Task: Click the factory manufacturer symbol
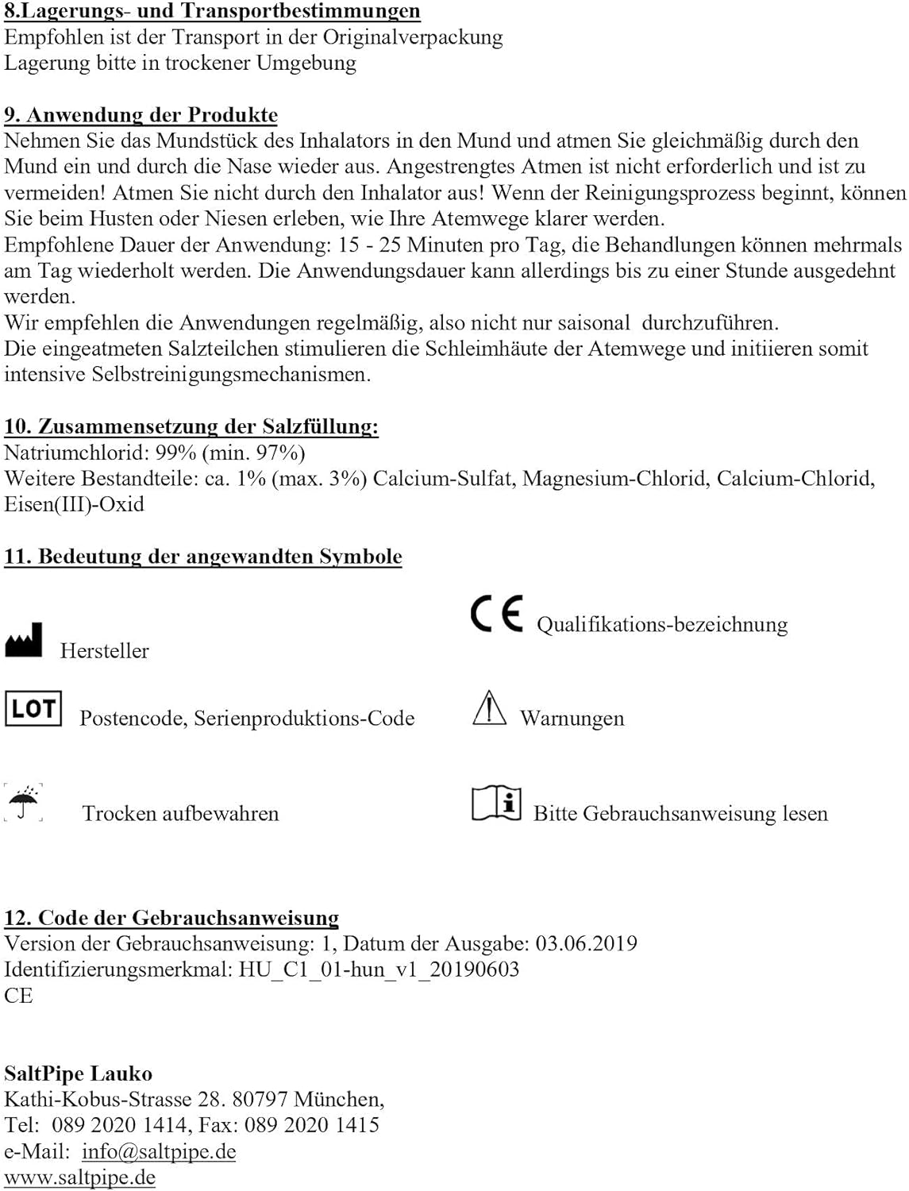tap(24, 640)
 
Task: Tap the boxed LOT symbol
tap(33, 707)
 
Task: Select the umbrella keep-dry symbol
tap(25, 802)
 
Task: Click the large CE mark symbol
tap(497, 613)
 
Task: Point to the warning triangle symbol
tap(489, 707)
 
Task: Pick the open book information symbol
tap(496, 804)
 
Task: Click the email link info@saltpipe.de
tap(159, 1151)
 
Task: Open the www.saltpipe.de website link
tap(79, 1178)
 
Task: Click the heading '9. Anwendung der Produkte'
tap(141, 115)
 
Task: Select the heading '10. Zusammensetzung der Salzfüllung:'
tap(191, 426)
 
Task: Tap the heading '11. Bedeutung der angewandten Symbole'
tap(202, 557)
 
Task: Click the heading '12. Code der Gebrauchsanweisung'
tap(171, 918)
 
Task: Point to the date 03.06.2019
tap(586, 943)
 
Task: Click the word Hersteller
tap(104, 651)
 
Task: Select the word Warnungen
tap(572, 719)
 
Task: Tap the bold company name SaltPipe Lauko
tap(78, 1073)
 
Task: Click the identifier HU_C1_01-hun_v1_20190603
tap(379, 969)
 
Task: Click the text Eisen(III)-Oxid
tap(74, 504)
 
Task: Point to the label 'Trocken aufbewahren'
tap(180, 814)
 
